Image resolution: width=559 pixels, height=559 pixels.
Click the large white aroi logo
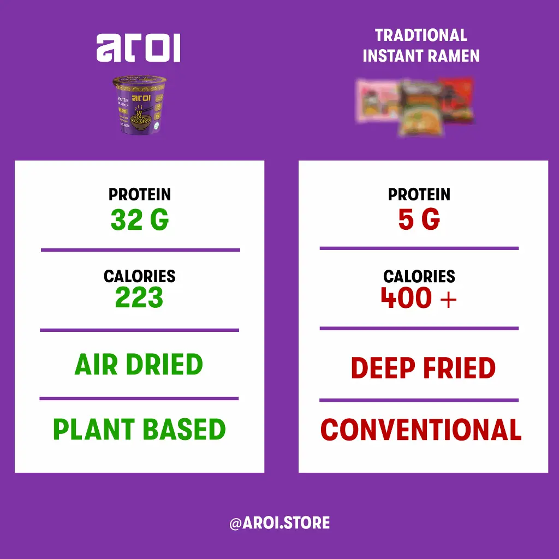pyautogui.click(x=138, y=49)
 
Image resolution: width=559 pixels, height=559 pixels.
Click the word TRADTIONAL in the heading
pyautogui.click(x=421, y=35)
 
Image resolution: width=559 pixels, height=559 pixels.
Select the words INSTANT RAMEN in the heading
pyautogui.click(x=421, y=56)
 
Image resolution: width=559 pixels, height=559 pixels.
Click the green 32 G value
pyautogui.click(x=140, y=220)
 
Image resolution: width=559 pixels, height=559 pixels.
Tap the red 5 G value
pyautogui.click(x=419, y=220)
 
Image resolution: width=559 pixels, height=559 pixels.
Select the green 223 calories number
pyautogui.click(x=139, y=298)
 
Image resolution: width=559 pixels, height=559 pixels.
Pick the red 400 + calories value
pyautogui.click(x=419, y=298)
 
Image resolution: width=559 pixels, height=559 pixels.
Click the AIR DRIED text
pyautogui.click(x=139, y=365)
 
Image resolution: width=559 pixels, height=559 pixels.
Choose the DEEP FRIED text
pyautogui.click(x=423, y=368)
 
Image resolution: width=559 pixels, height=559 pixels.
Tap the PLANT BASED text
pyautogui.click(x=139, y=430)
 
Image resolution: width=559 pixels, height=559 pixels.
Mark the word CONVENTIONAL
pyautogui.click(x=421, y=430)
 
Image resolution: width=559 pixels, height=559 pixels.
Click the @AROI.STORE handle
pyautogui.click(x=279, y=523)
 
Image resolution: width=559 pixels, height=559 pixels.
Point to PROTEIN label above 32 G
pyautogui.click(x=140, y=194)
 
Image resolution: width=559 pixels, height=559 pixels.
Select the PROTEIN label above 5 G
pyautogui.click(x=419, y=194)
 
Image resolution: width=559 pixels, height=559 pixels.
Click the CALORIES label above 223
pyautogui.click(x=140, y=276)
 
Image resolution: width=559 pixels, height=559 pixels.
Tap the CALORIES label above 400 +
pyautogui.click(x=419, y=276)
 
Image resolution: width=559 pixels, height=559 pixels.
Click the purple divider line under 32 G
pyautogui.click(x=140, y=250)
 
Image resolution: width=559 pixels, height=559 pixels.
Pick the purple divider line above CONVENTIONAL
pyautogui.click(x=419, y=400)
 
